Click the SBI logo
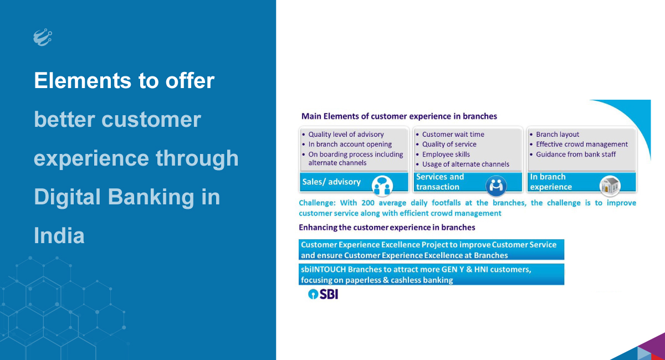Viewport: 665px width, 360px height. pyautogui.click(x=323, y=294)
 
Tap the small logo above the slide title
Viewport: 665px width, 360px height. pyautogui.click(x=43, y=37)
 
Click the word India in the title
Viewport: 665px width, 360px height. pyautogui.click(x=59, y=235)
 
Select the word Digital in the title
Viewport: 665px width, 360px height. pyautogui.click(x=67, y=197)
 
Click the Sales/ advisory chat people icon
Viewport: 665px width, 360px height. pyautogui.click(x=382, y=186)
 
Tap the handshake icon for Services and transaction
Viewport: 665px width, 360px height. pyautogui.click(x=496, y=186)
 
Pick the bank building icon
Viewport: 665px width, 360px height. pyautogui.click(x=610, y=186)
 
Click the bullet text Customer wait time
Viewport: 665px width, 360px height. pyautogui.click(x=453, y=135)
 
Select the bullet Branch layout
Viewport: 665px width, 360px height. pyautogui.click(x=557, y=135)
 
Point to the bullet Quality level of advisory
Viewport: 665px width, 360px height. pyautogui.click(x=346, y=135)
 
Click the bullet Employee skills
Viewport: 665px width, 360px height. pyautogui.click(x=446, y=155)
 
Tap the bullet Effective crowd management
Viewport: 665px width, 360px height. pyautogui.click(x=581, y=144)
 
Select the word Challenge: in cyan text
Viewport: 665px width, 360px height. pyautogui.click(x=317, y=203)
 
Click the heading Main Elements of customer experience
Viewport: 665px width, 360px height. pyautogui.click(x=399, y=116)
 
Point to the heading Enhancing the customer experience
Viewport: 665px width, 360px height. pyautogui.click(x=387, y=227)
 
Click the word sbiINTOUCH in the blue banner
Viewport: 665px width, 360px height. pyautogui.click(x=323, y=269)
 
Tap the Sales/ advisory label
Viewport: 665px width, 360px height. pyautogui.click(x=331, y=182)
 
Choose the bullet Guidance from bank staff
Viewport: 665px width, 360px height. pyautogui.click(x=576, y=155)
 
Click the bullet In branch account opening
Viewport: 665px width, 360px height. pyautogui.click(x=350, y=144)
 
